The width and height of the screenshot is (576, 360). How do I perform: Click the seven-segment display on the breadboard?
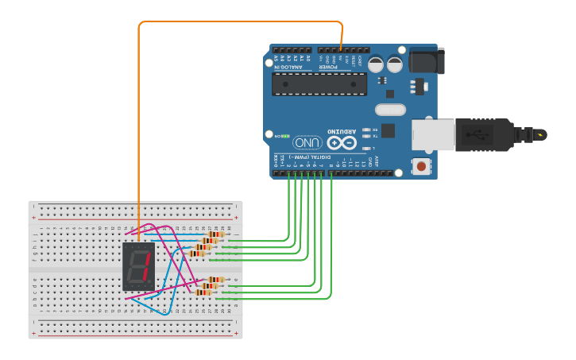[x=138, y=265]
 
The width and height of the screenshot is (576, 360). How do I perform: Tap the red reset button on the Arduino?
[x=420, y=165]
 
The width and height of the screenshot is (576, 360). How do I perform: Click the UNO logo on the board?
[x=307, y=143]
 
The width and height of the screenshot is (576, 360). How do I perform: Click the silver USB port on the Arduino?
[x=433, y=134]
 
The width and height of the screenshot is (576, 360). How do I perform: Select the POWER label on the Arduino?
[x=329, y=68]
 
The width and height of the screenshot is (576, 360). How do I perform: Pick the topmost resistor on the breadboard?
[x=215, y=234]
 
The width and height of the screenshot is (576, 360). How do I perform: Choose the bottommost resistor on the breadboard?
[x=203, y=292]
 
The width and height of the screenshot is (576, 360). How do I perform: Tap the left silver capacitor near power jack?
[x=375, y=64]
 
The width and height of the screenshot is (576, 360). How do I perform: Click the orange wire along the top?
[x=238, y=21]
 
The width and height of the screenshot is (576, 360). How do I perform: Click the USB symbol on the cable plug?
[x=477, y=135]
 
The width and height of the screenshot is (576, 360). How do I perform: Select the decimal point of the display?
[x=149, y=285]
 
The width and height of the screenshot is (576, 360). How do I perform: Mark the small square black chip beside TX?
[x=388, y=130]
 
